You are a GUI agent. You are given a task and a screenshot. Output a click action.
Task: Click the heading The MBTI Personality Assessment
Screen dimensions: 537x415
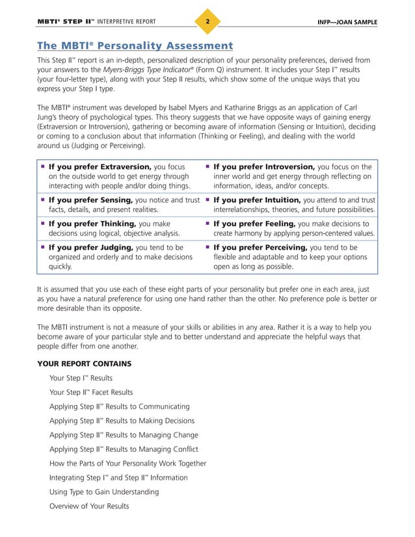point(135,46)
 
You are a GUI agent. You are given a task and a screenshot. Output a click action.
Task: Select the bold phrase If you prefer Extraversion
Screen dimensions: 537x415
point(101,166)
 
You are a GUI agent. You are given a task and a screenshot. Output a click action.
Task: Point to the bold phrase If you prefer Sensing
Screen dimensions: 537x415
point(91,200)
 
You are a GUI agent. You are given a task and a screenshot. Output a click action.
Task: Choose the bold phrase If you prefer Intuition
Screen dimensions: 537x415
point(257,200)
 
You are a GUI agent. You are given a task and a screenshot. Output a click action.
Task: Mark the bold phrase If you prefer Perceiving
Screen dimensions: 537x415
point(261,248)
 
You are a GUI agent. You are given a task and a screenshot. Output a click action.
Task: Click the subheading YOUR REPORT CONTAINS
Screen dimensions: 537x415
point(84,363)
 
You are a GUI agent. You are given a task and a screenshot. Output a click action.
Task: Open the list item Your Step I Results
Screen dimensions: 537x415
point(81,378)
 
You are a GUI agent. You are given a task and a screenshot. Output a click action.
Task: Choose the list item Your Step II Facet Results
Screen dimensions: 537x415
point(91,393)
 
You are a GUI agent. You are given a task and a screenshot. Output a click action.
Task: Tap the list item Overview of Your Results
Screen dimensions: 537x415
point(89,506)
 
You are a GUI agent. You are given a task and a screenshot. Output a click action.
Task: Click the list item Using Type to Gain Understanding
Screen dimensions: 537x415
point(103,492)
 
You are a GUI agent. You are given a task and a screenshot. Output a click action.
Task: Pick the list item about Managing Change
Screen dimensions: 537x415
point(124,435)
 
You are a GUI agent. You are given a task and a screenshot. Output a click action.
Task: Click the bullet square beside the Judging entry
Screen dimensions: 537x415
point(42,248)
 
